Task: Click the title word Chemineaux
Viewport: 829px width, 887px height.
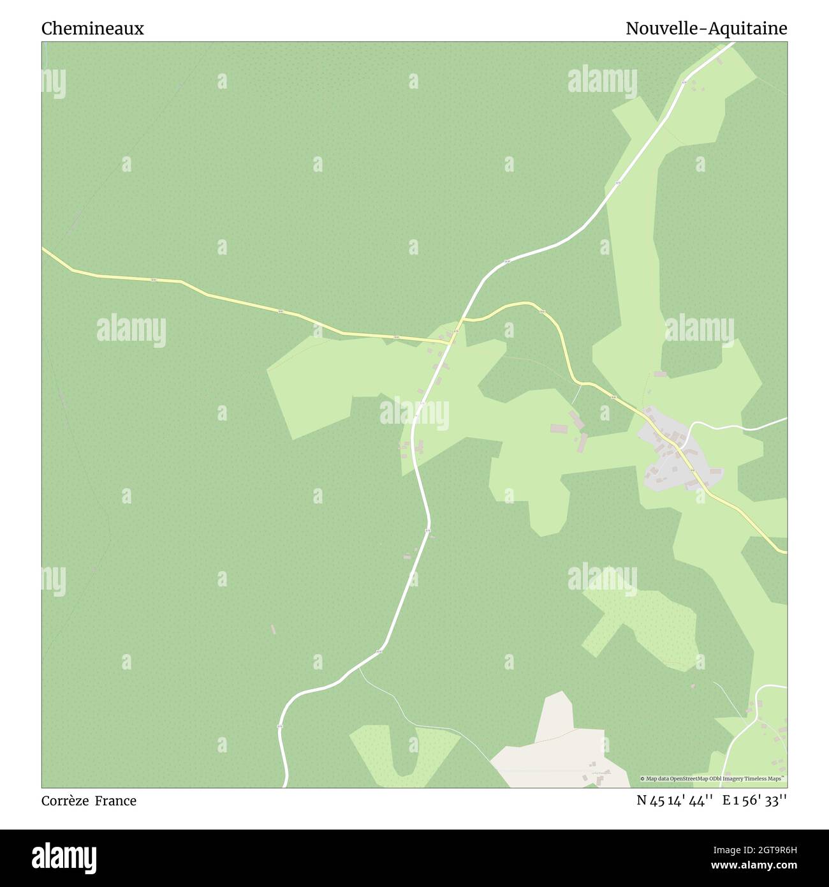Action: click(x=92, y=29)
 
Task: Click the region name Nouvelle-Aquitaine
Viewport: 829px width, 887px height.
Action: click(x=706, y=29)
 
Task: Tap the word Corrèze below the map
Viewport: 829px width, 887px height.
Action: click(x=65, y=801)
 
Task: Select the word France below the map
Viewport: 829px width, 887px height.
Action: click(x=115, y=801)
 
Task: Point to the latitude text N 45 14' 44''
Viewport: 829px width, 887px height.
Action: click(x=676, y=801)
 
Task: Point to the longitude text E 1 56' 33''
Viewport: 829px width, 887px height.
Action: click(x=754, y=801)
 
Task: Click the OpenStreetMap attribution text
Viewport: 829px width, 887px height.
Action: click(x=713, y=779)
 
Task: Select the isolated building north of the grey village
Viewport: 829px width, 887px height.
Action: click(x=660, y=374)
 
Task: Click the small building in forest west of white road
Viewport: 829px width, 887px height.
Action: click(x=274, y=629)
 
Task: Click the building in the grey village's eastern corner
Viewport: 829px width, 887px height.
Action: click(x=715, y=473)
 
